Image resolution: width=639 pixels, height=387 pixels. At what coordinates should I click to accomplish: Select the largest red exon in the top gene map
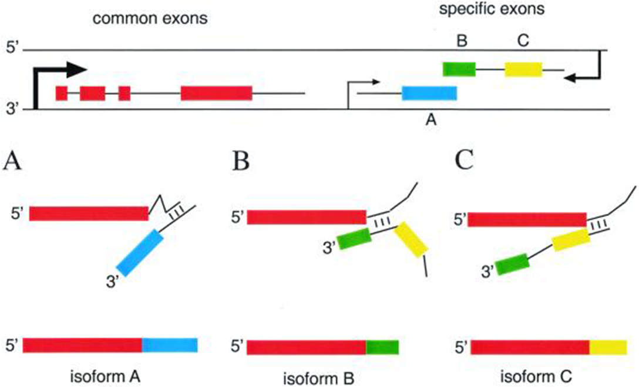click(216, 93)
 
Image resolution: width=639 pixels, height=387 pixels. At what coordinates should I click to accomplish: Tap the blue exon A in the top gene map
click(429, 93)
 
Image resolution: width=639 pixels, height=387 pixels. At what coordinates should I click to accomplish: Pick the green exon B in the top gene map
click(459, 69)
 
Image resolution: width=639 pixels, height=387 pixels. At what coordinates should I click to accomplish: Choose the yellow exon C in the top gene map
click(523, 69)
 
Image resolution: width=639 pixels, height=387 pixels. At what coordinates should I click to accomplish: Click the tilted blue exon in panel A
click(140, 252)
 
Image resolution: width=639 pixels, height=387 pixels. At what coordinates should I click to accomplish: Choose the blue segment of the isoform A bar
click(170, 345)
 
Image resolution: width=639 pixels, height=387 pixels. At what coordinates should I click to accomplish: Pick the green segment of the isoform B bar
click(382, 347)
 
